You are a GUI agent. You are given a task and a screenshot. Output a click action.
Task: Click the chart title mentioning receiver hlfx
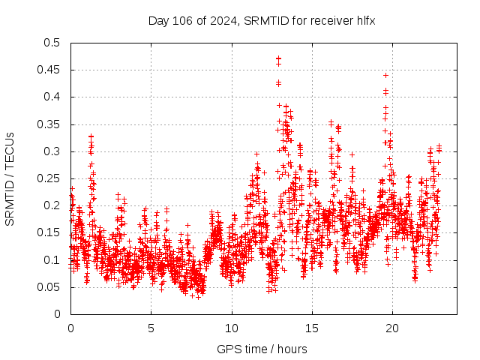tap(262, 20)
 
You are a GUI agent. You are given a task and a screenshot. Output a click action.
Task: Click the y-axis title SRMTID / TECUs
tap(10, 178)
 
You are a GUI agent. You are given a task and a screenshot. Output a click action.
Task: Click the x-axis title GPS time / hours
tap(261, 349)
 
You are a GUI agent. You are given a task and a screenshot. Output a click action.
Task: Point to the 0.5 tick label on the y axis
tap(52, 43)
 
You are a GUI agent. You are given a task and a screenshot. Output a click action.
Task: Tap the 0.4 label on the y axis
tap(52, 97)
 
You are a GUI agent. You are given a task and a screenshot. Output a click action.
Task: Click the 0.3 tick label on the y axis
tap(52, 151)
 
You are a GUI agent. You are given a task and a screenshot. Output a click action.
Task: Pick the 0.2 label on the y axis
tap(52, 205)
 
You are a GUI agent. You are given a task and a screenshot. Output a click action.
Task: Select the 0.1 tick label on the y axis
tap(52, 259)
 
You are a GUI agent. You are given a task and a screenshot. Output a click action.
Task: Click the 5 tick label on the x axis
tap(151, 328)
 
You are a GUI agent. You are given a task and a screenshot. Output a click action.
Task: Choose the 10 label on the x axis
tap(232, 328)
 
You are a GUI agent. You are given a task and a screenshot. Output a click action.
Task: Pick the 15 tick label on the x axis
tap(312, 328)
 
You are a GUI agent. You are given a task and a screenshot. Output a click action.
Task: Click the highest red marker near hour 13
tap(278, 58)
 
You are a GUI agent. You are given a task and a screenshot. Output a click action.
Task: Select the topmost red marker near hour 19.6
tap(385, 75)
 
